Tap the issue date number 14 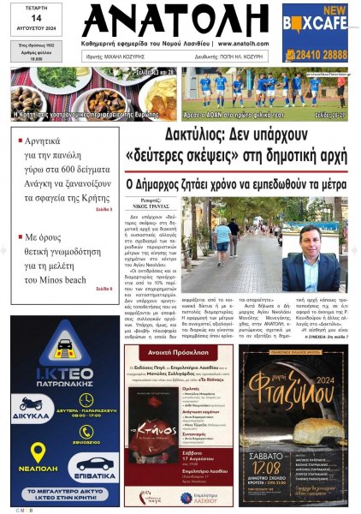click(x=36, y=19)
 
